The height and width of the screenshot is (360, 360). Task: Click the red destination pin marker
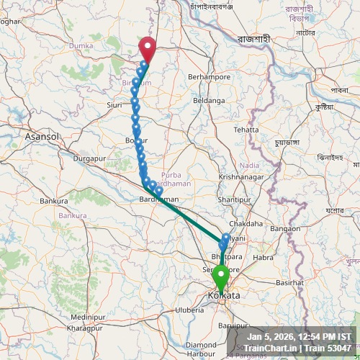pyautogui.click(x=147, y=48)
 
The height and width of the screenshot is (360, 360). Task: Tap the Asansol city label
pyautogui.click(x=40, y=135)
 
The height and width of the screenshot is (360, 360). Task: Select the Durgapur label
pyautogui.click(x=89, y=157)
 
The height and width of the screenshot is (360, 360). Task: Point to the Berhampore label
pyautogui.click(x=209, y=76)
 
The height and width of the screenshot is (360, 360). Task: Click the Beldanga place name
pyautogui.click(x=209, y=100)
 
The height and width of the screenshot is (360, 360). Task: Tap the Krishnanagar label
pyautogui.click(x=240, y=176)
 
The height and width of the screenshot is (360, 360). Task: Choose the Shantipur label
pyautogui.click(x=233, y=198)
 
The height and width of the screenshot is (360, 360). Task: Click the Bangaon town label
pyautogui.click(x=285, y=228)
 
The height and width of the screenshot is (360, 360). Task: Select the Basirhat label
pyautogui.click(x=289, y=282)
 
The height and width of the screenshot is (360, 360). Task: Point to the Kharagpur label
pyautogui.click(x=84, y=328)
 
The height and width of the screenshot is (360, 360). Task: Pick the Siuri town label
pyautogui.click(x=114, y=104)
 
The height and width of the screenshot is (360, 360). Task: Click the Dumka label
pyautogui.click(x=81, y=45)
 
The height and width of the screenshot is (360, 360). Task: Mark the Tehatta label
pyautogui.click(x=246, y=130)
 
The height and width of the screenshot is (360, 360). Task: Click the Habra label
pyautogui.click(x=264, y=256)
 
